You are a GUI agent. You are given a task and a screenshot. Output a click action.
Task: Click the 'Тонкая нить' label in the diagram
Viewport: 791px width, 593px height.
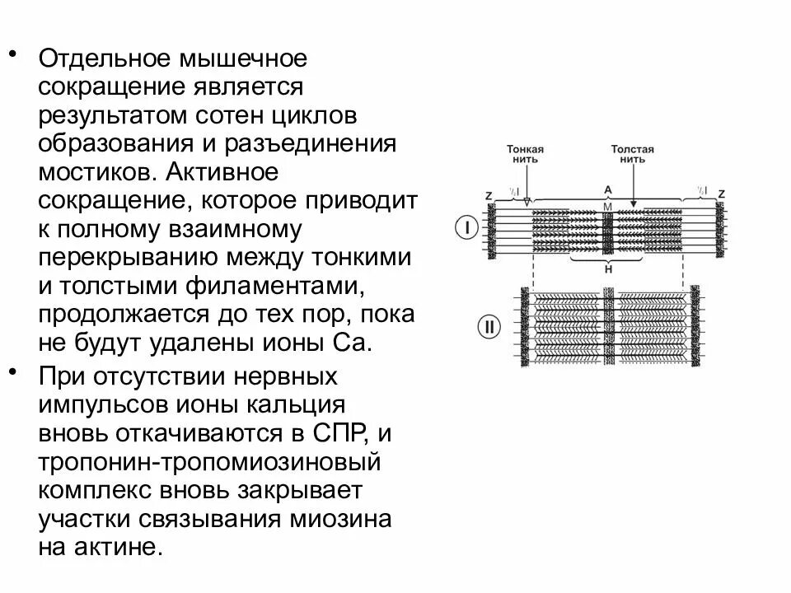[x=525, y=155]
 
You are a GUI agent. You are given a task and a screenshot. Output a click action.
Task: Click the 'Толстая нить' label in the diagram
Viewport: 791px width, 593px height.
[x=632, y=155]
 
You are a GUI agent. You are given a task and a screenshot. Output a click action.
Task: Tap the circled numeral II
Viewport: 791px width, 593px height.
[x=489, y=327]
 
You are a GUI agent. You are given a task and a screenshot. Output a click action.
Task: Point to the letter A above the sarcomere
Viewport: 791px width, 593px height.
[x=607, y=189]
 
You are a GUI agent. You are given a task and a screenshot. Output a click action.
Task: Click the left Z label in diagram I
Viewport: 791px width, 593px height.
[x=489, y=195]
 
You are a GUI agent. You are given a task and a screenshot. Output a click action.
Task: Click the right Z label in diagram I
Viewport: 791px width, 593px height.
[x=722, y=193]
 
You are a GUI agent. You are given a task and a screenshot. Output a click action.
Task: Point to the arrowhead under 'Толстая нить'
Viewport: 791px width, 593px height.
[x=633, y=203]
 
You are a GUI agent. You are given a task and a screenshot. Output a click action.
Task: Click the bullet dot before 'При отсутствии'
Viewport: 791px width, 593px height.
[x=15, y=373]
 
